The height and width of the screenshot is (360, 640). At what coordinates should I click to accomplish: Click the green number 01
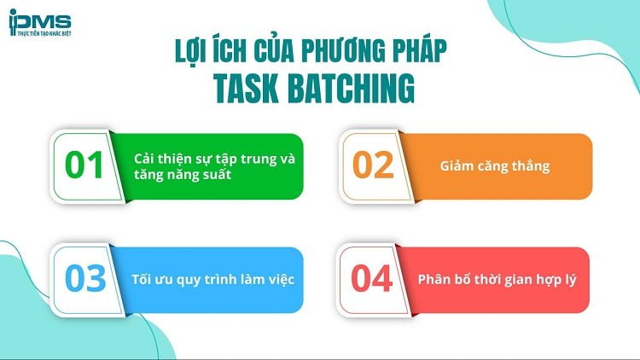[x=84, y=165]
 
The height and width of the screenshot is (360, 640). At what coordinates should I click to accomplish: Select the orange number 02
[x=373, y=165]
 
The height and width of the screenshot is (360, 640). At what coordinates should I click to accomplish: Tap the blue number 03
[x=84, y=279]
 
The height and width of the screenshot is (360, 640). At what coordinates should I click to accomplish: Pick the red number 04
[x=373, y=279]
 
